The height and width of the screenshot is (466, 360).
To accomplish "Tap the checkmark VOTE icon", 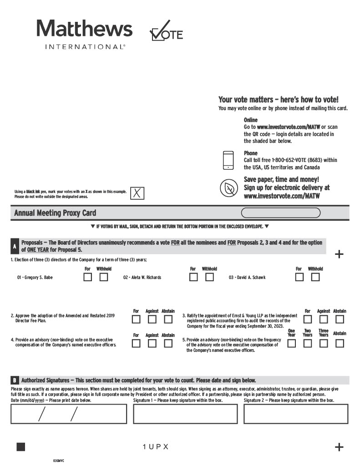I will (x=166, y=31).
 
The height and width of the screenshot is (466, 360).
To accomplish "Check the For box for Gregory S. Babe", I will (x=87, y=277).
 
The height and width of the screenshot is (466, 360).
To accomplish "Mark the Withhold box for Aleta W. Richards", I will (x=209, y=277).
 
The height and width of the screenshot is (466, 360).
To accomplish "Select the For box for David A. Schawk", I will (x=299, y=277).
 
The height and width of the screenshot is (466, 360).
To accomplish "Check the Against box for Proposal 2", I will (x=152, y=319).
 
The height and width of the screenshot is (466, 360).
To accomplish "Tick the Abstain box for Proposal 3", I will (x=340, y=319).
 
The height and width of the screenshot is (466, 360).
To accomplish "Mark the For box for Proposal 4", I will (x=136, y=344).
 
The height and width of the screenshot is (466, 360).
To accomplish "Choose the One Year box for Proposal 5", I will (x=291, y=344).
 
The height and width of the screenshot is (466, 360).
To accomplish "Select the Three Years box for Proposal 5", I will (x=324, y=344).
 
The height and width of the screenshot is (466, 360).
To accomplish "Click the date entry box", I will (x=69, y=414).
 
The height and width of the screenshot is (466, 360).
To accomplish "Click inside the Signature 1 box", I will (x=185, y=414).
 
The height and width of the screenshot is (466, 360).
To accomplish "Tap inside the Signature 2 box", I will (x=296, y=414).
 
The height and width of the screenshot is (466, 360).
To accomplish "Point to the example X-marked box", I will (x=137, y=193).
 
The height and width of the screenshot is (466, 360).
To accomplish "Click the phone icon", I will (x=228, y=160).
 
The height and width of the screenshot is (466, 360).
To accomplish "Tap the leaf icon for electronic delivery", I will (x=228, y=188).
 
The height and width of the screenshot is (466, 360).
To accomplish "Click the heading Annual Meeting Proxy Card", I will (x=55, y=213).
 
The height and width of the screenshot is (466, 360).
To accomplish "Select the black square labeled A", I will (x=15, y=247).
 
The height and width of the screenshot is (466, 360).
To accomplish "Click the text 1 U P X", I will (x=156, y=447).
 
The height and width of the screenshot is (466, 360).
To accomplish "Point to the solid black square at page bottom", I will (x=20, y=447).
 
